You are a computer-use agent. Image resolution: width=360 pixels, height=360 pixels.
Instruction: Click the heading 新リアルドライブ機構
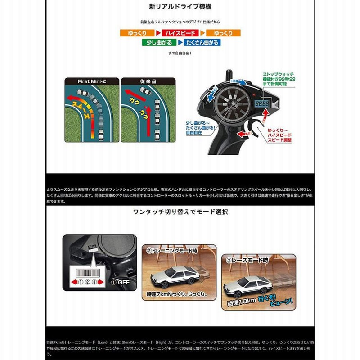[180, 7]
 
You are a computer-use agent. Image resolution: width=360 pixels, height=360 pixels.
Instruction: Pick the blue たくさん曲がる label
[202, 43]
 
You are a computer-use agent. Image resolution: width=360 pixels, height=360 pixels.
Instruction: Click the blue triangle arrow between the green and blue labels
[180, 43]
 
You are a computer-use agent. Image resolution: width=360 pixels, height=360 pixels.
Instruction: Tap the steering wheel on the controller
[233, 102]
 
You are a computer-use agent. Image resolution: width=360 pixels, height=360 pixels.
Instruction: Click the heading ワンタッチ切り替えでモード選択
[180, 211]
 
